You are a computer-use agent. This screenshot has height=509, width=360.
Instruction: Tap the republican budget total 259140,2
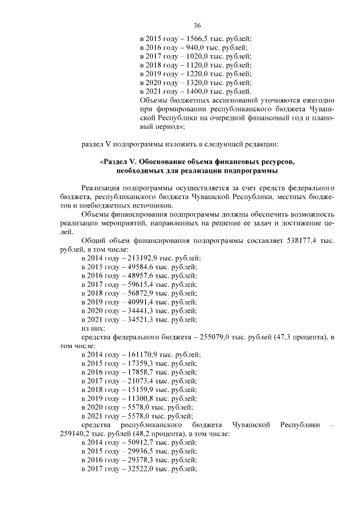pos(76,434)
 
